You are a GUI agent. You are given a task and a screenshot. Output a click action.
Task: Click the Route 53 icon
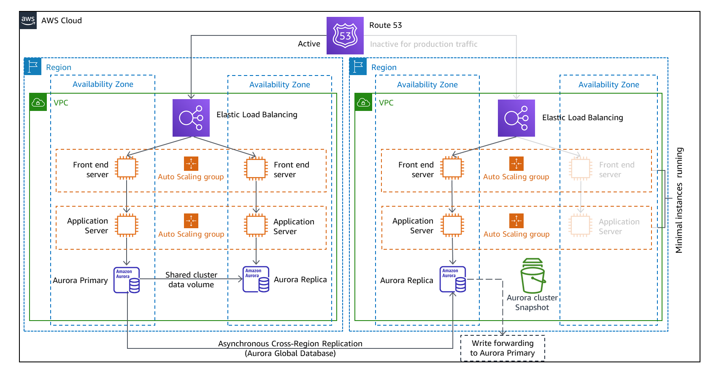pyautogui.click(x=345, y=35)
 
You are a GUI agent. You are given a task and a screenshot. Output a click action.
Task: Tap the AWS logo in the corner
pyautogui.click(x=28, y=20)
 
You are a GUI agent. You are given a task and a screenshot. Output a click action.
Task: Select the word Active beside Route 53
pyautogui.click(x=309, y=44)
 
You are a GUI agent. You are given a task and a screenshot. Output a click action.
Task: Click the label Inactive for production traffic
pyautogui.click(x=424, y=44)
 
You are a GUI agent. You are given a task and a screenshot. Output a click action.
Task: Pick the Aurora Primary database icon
pyautogui.click(x=127, y=280)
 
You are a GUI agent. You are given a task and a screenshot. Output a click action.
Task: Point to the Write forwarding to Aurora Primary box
pyautogui.click(x=503, y=348)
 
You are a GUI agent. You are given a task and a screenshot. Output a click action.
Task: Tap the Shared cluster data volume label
pyautogui.click(x=191, y=280)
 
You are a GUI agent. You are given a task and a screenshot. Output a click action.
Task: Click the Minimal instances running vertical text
pyautogui.click(x=679, y=200)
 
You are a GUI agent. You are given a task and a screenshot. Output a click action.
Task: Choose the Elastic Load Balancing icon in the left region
pyautogui.click(x=191, y=118)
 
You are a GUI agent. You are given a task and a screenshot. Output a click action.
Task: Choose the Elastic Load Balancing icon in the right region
pyautogui.click(x=516, y=118)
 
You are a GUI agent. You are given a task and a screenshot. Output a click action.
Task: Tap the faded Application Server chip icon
pyautogui.click(x=581, y=225)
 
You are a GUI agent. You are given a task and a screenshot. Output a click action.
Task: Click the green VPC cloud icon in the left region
pyautogui.click(x=38, y=103)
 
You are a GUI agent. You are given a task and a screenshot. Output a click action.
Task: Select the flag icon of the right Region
pyautogui.click(x=358, y=67)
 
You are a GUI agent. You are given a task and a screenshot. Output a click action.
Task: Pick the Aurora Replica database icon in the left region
pyautogui.click(x=256, y=279)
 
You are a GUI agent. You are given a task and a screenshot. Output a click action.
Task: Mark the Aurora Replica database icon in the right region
pyautogui.click(x=453, y=279)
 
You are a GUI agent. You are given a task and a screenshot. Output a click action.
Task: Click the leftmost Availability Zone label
pyautogui.click(x=103, y=84)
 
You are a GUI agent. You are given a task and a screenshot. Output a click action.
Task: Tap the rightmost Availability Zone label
pyautogui.click(x=608, y=85)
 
